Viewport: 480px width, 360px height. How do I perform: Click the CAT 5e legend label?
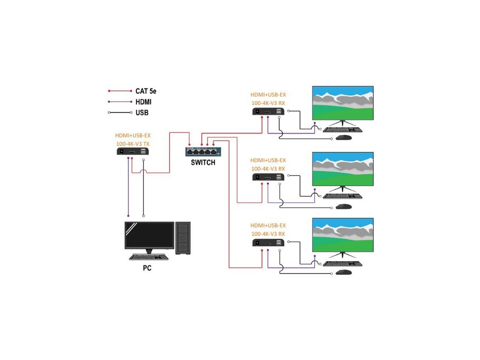(145, 91)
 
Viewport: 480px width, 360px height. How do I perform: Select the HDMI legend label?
(143, 102)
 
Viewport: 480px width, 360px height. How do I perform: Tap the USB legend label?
(142, 112)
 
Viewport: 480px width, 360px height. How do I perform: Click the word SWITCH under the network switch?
(203, 163)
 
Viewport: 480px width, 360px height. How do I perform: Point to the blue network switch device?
(203, 151)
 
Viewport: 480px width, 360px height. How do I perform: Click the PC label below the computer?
(147, 269)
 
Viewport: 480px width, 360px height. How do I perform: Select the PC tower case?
(183, 238)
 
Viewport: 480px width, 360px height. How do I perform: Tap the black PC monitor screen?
(149, 235)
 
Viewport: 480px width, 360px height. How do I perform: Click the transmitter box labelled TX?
(133, 151)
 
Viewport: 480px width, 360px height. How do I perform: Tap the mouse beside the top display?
(344, 138)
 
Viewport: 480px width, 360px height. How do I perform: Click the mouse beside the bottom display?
(344, 272)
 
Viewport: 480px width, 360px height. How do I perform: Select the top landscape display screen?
(343, 103)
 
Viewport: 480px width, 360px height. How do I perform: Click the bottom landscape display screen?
(343, 235)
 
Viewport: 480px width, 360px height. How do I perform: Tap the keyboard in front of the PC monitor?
(148, 257)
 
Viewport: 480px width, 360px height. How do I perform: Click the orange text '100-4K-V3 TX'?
(133, 143)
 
